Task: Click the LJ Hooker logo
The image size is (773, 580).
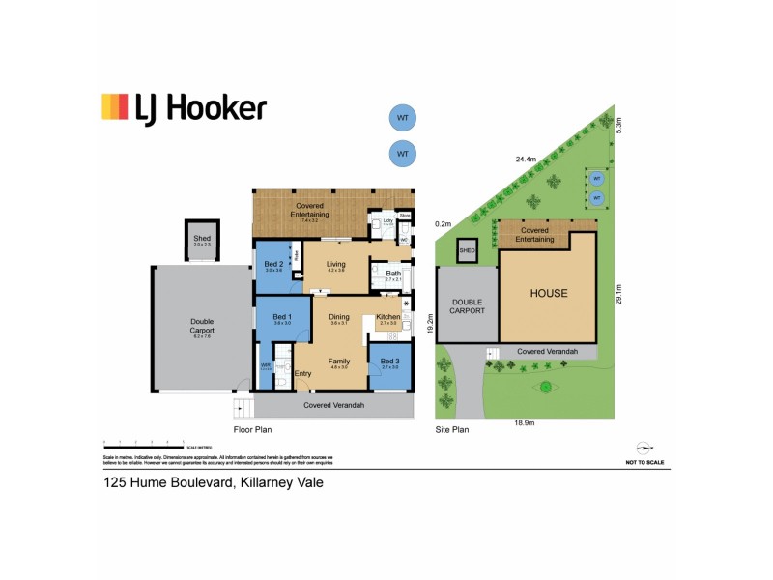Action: pyautogui.click(x=184, y=107)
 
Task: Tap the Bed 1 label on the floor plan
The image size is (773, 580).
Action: pyautogui.click(x=282, y=318)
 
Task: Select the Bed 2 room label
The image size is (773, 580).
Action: pyautogui.click(x=273, y=264)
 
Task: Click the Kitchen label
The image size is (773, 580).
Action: pyautogui.click(x=387, y=318)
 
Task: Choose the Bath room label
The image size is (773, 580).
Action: pyautogui.click(x=392, y=274)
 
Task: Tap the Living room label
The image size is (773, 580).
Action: pyautogui.click(x=335, y=264)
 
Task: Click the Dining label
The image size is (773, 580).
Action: pyautogui.click(x=338, y=318)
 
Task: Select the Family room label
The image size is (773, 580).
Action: pyautogui.click(x=338, y=361)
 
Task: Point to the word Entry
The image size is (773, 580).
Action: pyautogui.click(x=303, y=374)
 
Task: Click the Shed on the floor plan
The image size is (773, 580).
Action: pyautogui.click(x=202, y=239)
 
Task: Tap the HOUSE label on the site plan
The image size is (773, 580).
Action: pyautogui.click(x=548, y=293)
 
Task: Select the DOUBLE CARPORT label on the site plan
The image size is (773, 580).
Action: pyautogui.click(x=468, y=308)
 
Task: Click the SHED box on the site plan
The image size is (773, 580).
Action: pyautogui.click(x=468, y=250)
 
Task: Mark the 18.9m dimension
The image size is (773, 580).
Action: pyautogui.click(x=526, y=422)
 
